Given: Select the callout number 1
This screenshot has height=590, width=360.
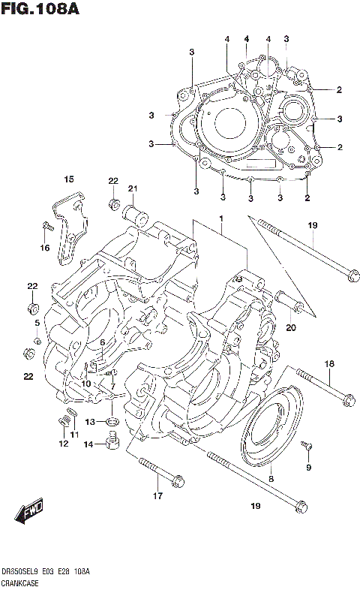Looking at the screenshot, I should click(221, 218).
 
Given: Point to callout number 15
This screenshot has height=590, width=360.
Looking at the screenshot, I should click(68, 179).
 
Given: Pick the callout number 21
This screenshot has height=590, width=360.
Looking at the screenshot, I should click(132, 188).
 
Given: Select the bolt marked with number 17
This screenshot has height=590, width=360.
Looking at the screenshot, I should click(160, 472).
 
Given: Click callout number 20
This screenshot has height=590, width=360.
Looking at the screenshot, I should click(291, 327).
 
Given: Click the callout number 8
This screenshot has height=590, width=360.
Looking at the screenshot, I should click(271, 477).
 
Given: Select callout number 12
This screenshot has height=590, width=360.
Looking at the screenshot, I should click(63, 444).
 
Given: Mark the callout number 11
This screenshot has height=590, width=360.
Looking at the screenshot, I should click(73, 435).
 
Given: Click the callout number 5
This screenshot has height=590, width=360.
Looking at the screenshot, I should click(36, 323).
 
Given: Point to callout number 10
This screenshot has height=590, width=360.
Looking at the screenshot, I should click(86, 384).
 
